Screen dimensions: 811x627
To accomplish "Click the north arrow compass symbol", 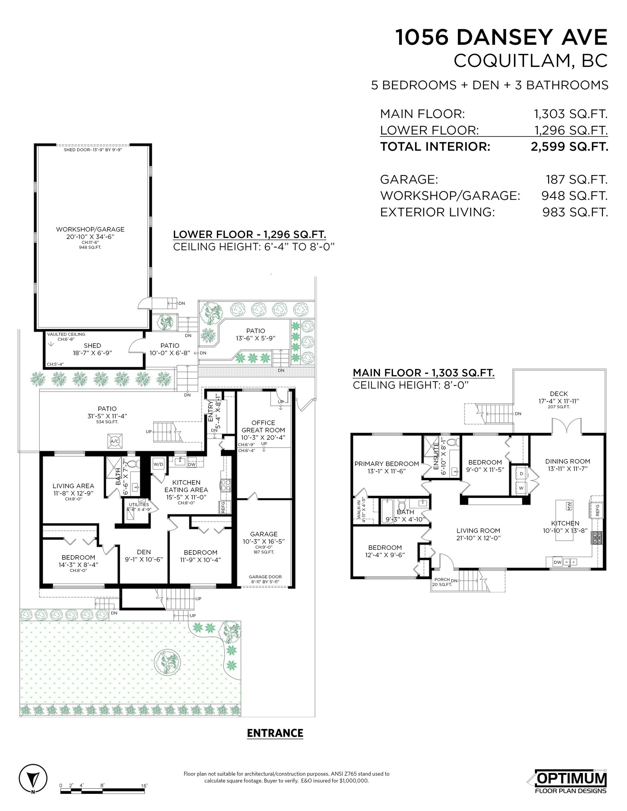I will [33, 779].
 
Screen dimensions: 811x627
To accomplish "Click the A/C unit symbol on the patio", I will [114, 441].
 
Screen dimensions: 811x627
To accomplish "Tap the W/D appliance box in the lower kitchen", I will [158, 464].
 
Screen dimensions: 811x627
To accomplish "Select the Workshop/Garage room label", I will [90, 232].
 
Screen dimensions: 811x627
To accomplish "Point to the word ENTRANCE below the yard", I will [275, 733].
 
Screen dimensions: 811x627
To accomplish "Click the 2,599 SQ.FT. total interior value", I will [569, 147].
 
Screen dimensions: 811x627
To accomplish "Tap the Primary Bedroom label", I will [386, 467].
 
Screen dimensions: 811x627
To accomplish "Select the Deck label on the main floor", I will [559, 397].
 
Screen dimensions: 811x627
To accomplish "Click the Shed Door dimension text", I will [93, 150].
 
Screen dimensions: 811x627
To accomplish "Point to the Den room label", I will [144, 555].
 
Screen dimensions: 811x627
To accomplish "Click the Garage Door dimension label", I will [265, 579].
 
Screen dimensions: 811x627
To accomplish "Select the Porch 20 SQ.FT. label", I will [442, 582].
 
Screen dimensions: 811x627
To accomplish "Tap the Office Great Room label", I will [263, 430].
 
